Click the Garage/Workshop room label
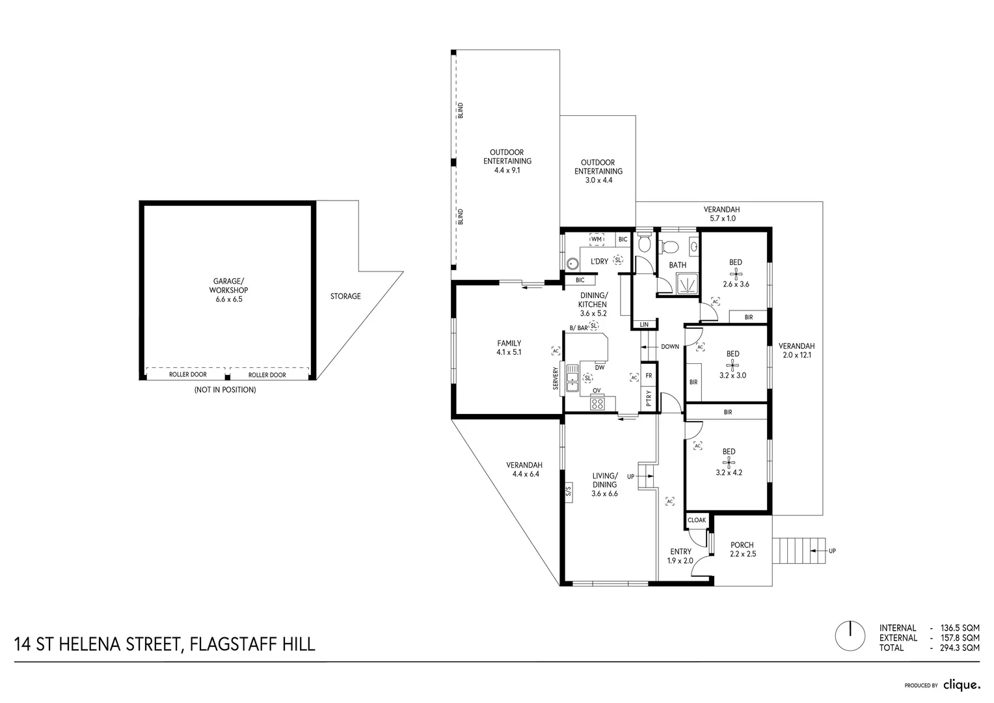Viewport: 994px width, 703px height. [x=228, y=286]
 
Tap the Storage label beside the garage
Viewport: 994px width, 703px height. [x=345, y=296]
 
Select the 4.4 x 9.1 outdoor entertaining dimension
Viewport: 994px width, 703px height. [x=507, y=170]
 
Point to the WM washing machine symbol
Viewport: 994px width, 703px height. [x=597, y=239]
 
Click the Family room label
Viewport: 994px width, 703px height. [x=509, y=343]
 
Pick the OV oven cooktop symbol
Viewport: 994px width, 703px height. [x=597, y=404]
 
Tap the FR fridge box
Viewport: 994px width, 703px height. [x=649, y=376]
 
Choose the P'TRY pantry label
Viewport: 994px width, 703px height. [x=649, y=398]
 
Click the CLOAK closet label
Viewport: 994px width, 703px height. [x=697, y=520]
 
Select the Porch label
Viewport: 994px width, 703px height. [x=742, y=545]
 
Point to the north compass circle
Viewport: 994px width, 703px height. [x=850, y=636]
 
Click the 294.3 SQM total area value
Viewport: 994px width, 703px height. [x=960, y=648]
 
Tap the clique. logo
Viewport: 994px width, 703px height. [x=961, y=685]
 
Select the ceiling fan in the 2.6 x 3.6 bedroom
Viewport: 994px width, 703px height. [x=736, y=273]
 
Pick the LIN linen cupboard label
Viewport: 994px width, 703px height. [x=644, y=325]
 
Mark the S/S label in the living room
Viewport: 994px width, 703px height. [x=569, y=491]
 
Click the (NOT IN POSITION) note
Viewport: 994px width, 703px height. [x=225, y=390]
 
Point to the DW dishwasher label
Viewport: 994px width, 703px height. [x=600, y=367]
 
